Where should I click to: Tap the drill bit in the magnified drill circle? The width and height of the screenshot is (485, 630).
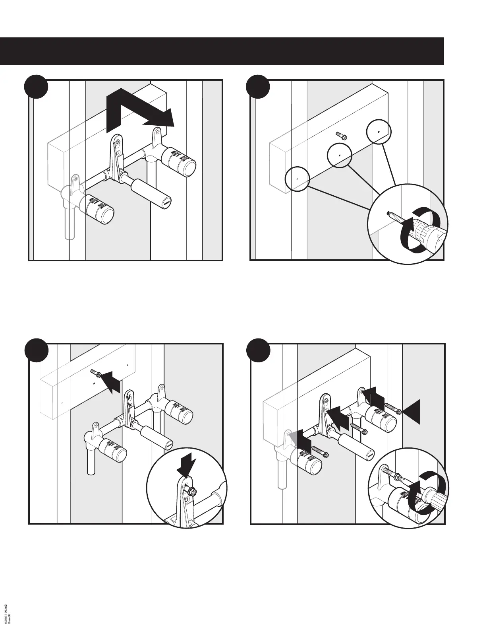point(394,217)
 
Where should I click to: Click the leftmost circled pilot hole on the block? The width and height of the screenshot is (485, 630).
point(297,179)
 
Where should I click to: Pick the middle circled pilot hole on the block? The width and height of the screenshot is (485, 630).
point(340,155)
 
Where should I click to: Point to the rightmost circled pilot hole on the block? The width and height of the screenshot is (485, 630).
point(378,131)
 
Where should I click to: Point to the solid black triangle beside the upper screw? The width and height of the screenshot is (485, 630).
point(412,412)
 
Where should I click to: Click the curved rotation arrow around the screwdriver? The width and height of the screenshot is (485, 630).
point(430,489)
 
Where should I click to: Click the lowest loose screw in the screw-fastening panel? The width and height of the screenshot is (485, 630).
point(320,451)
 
